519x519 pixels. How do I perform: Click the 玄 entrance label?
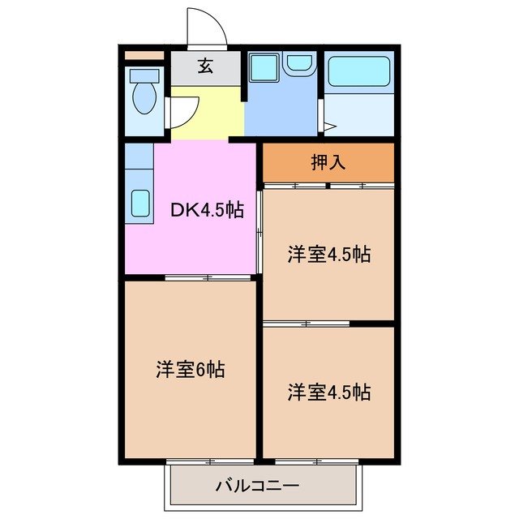(205, 66)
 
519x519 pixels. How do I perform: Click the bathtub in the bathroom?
(359, 73)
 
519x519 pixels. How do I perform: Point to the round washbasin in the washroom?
(300, 64)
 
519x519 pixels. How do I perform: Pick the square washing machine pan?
(262, 66)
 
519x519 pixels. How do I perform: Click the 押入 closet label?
(328, 162)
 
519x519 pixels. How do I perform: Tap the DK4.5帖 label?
(206, 209)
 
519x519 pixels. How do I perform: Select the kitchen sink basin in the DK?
(139, 203)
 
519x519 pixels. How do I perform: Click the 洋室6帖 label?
(191, 370)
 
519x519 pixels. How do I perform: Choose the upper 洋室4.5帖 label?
(328, 254)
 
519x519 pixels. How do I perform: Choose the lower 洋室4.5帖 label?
(328, 392)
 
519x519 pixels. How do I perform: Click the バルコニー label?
(257, 487)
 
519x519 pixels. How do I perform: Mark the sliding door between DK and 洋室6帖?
(208, 278)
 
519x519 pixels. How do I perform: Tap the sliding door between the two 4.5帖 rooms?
(307, 324)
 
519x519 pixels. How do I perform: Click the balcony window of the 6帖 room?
(208, 461)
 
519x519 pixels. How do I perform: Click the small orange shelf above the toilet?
(144, 55)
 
